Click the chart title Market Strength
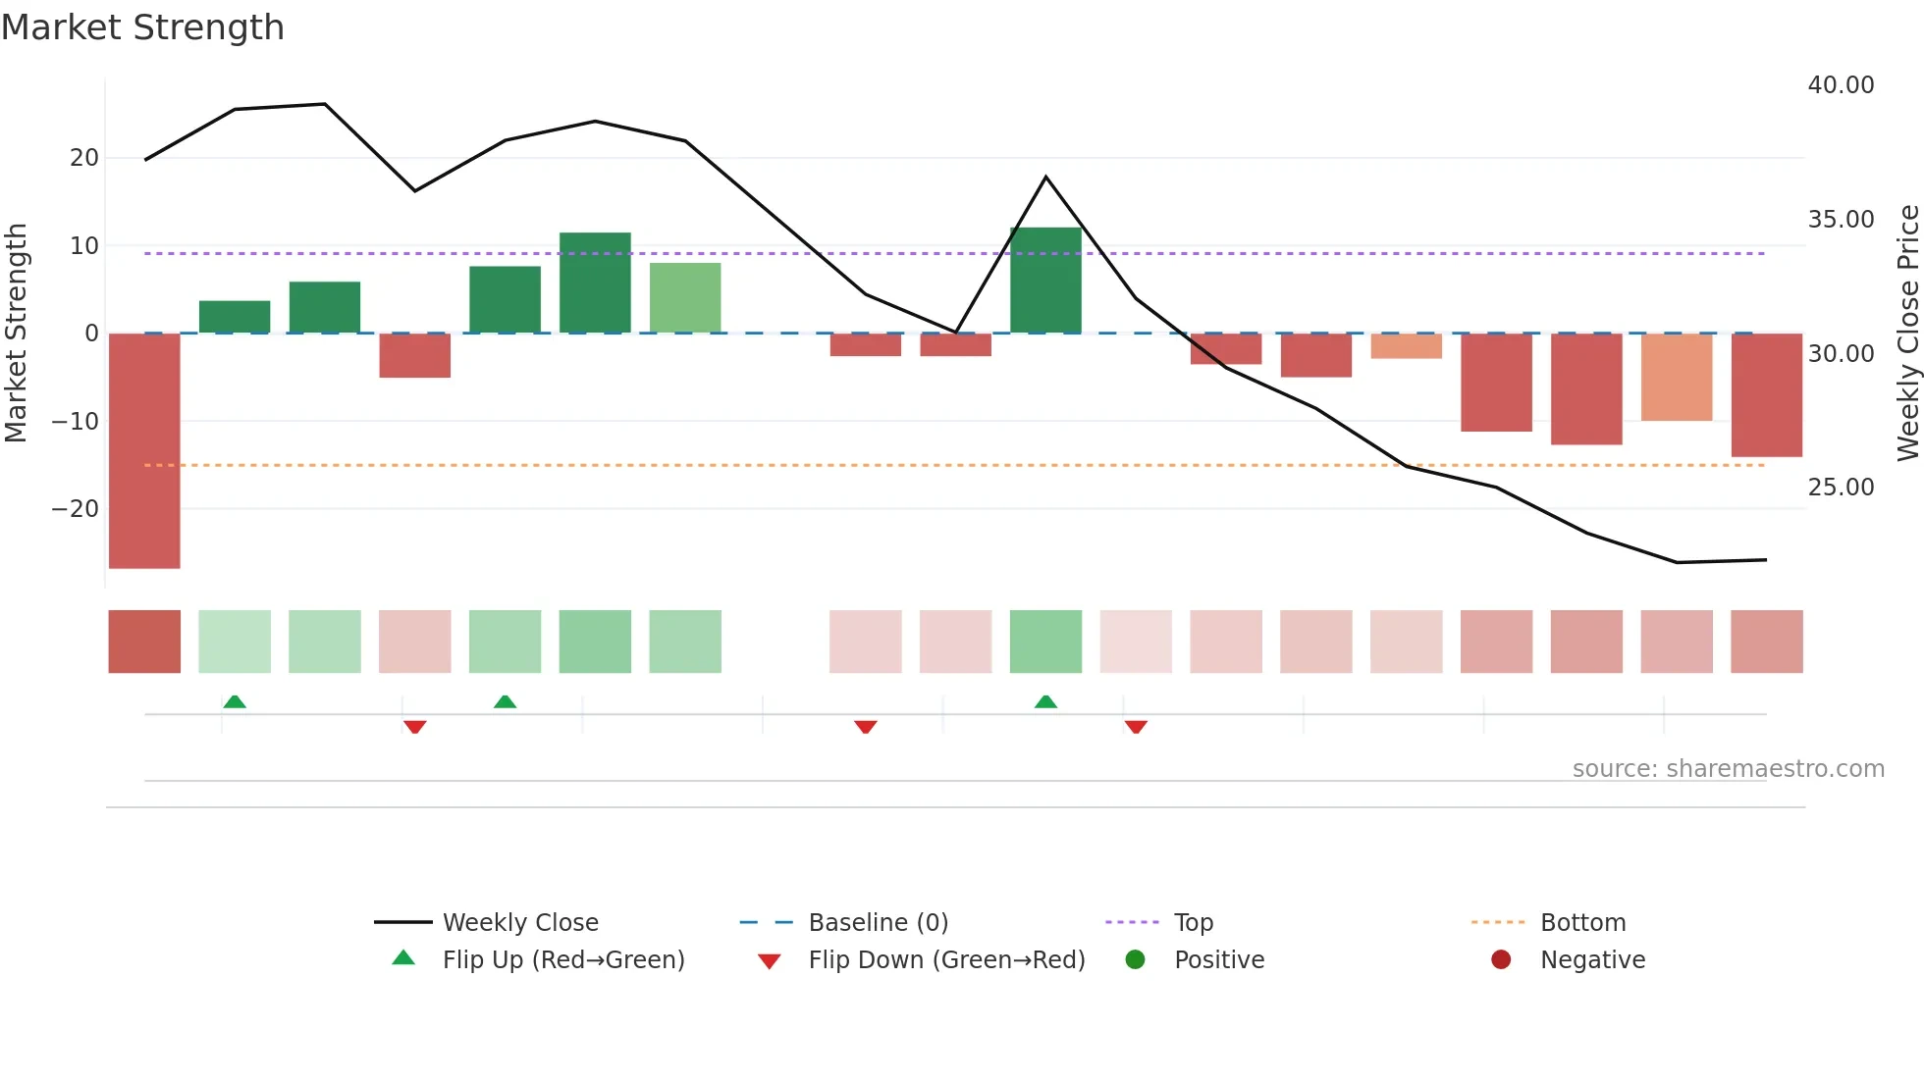click(142, 27)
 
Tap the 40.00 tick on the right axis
click(1841, 85)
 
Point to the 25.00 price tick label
click(1841, 488)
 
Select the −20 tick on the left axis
click(75, 509)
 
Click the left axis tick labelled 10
click(84, 246)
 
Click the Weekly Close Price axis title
click(1907, 333)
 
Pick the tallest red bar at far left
click(144, 450)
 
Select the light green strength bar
click(685, 297)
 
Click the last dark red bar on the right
click(1766, 394)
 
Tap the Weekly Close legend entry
click(519, 923)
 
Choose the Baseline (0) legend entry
click(878, 923)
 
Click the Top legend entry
click(1193, 923)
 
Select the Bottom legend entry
click(1582, 923)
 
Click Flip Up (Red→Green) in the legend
click(562, 960)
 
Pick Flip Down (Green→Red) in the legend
click(946, 960)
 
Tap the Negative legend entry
click(1592, 960)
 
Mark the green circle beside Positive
click(1135, 960)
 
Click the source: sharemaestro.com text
click(1728, 769)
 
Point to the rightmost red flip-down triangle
click(1136, 727)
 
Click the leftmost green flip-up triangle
click(235, 701)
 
